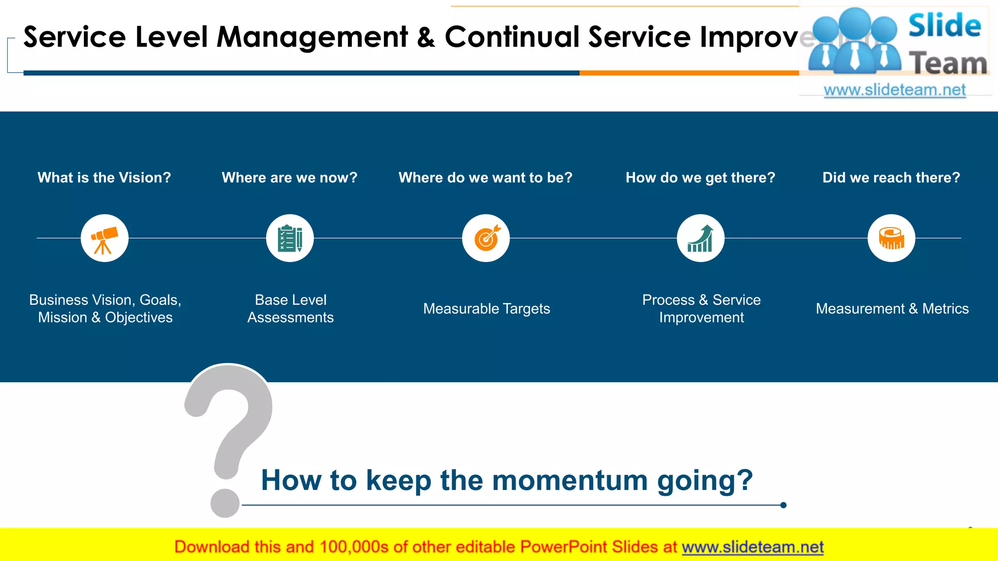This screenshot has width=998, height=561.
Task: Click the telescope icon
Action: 104,239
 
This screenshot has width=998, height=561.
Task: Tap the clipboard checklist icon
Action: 290,239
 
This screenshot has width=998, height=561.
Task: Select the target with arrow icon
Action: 486,239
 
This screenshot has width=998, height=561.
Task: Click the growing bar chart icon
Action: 701,239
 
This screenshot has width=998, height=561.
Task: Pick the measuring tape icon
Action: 891,239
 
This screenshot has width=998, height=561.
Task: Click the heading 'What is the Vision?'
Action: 104,178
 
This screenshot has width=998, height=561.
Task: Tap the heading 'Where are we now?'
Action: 289,178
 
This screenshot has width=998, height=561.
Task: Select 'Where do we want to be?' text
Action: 485,178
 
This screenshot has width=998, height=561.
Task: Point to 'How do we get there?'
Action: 700,178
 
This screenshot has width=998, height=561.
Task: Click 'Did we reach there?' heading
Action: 891,178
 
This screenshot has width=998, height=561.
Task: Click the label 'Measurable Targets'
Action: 486,309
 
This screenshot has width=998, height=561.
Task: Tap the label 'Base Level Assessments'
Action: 290,309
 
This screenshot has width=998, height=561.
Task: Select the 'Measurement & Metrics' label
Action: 892,309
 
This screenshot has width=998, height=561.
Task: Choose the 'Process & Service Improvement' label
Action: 701,309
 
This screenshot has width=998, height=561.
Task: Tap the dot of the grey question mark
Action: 225,504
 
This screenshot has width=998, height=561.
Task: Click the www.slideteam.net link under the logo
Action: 895,90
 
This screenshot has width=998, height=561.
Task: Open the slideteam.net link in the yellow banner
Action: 752,547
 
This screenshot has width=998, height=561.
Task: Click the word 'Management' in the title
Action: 312,37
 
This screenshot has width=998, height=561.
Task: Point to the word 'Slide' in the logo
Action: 944,25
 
